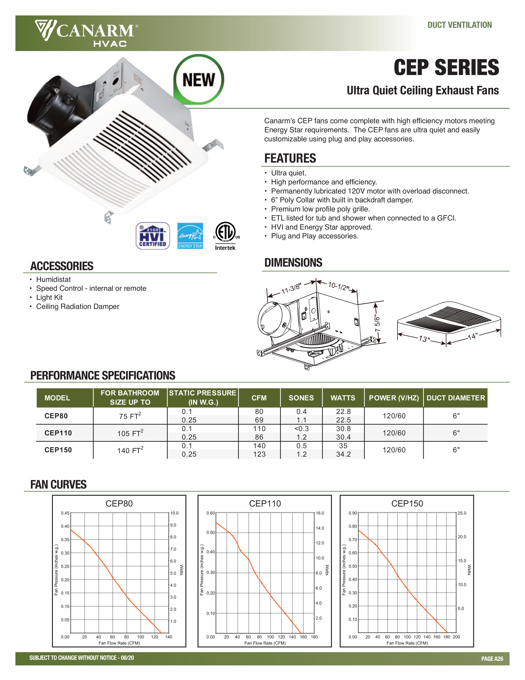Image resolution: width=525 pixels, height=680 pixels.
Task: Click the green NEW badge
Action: coord(199,80)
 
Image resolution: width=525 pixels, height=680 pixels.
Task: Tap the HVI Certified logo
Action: coord(153,236)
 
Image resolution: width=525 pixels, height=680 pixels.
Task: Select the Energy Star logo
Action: coord(190,236)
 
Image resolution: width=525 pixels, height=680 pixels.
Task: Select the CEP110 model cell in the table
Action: coord(58,433)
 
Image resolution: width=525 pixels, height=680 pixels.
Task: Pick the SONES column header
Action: coord(301,398)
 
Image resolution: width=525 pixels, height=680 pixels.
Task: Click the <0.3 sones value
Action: coord(301,429)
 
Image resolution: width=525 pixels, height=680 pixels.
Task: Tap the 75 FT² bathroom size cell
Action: coord(130,416)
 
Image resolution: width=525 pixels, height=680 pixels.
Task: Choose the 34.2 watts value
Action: coord(343,454)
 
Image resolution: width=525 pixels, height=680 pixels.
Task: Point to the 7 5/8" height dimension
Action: coord(377,324)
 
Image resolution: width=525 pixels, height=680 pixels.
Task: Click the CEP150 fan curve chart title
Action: coord(407,503)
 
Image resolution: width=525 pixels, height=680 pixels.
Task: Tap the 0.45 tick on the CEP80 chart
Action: coord(65,513)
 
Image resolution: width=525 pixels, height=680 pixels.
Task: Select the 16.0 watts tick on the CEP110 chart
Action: coord(320,513)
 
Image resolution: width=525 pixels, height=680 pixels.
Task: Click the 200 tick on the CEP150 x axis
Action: coord(456,637)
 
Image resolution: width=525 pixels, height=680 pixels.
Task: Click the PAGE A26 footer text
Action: coord(492,659)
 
